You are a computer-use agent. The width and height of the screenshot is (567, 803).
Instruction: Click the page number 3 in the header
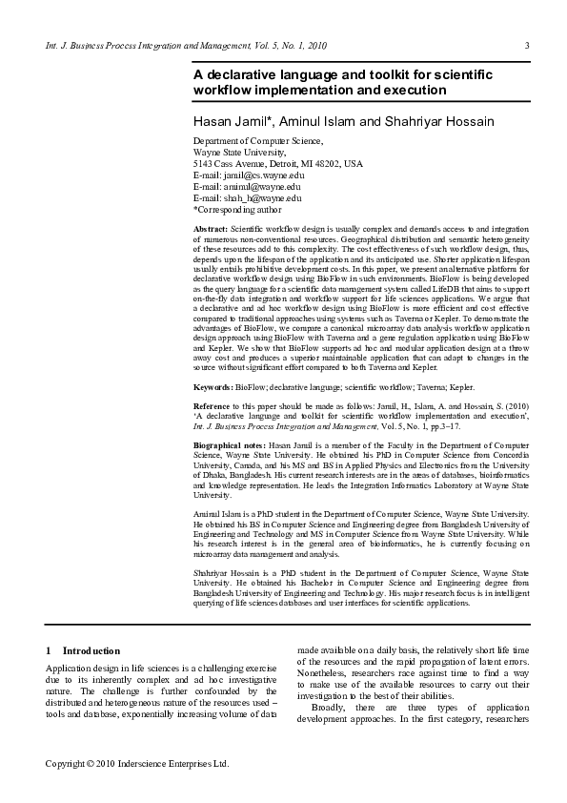click(527, 46)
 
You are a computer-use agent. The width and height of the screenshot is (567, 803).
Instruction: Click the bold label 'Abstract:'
click(211, 231)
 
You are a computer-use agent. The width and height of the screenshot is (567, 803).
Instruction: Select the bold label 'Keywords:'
click(213, 388)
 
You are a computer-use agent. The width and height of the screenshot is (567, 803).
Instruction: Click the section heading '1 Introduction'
click(83, 649)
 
